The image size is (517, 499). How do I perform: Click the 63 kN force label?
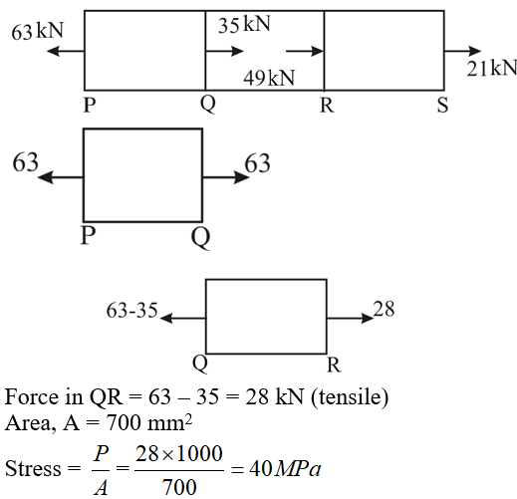(x=37, y=31)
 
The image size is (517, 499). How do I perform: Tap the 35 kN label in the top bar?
(x=244, y=24)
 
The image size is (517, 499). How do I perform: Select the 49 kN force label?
(x=269, y=78)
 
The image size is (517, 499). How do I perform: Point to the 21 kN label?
(x=492, y=68)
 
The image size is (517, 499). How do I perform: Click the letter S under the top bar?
(x=442, y=105)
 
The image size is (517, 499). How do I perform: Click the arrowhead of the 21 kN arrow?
(x=475, y=51)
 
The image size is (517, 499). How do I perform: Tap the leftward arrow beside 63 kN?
(x=66, y=51)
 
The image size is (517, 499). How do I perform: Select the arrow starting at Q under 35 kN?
(x=225, y=51)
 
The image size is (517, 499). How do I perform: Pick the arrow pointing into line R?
(x=305, y=51)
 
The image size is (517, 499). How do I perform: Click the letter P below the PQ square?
(x=89, y=236)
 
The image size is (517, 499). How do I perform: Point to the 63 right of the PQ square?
(x=257, y=163)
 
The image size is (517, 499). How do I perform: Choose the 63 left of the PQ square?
(x=26, y=162)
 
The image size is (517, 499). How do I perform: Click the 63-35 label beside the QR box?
(x=131, y=311)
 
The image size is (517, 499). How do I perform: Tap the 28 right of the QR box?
(x=384, y=309)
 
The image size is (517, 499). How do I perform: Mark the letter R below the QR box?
(x=334, y=365)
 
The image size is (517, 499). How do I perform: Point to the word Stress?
(x=33, y=468)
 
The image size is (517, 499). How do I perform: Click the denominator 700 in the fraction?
(x=179, y=487)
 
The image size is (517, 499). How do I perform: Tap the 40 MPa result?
(x=285, y=469)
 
